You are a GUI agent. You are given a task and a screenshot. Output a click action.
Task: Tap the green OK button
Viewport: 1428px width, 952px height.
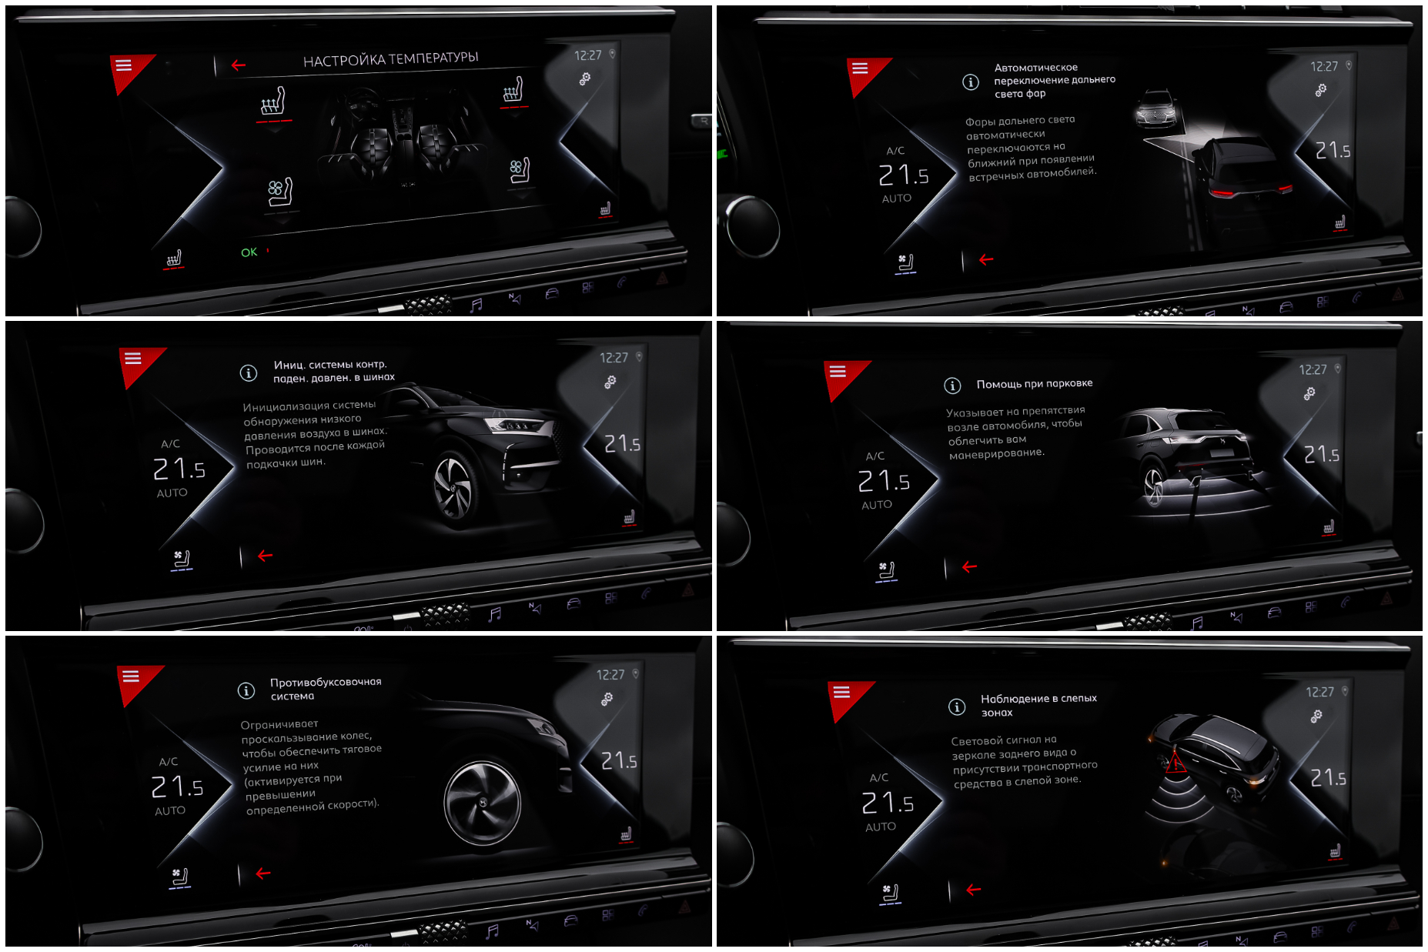pyautogui.click(x=249, y=252)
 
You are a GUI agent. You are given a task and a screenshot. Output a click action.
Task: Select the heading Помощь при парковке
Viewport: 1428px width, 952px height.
pyautogui.click(x=1034, y=383)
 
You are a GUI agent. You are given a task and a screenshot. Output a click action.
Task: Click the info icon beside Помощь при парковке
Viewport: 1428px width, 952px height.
pyautogui.click(x=952, y=386)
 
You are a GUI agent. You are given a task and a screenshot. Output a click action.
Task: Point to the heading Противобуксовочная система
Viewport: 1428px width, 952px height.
pyautogui.click(x=326, y=689)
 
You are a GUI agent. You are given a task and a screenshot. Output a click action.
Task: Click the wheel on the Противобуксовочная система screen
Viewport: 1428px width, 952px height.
pyautogui.click(x=482, y=803)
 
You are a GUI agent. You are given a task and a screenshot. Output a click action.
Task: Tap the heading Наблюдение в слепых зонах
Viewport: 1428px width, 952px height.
pyautogui.click(x=1038, y=705)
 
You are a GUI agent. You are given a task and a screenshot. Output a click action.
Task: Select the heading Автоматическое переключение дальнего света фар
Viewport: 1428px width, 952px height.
pyautogui.click(x=1054, y=80)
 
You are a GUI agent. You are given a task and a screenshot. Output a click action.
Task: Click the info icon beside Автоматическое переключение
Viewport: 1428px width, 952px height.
pyautogui.click(x=971, y=82)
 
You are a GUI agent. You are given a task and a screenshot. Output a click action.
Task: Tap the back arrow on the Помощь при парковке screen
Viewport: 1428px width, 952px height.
pyautogui.click(x=970, y=567)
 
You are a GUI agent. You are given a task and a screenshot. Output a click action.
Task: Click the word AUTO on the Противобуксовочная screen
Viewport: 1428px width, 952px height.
pyautogui.click(x=170, y=810)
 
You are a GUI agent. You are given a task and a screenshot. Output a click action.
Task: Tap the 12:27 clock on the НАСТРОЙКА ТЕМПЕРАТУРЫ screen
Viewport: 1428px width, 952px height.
pyautogui.click(x=587, y=55)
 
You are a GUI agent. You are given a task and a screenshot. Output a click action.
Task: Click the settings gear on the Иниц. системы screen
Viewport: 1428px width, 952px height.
pyautogui.click(x=610, y=382)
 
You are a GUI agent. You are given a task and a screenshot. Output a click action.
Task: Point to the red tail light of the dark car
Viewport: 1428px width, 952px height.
pyautogui.click(x=1222, y=192)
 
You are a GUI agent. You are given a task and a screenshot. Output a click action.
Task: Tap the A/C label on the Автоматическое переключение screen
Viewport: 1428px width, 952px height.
pyautogui.click(x=895, y=151)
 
